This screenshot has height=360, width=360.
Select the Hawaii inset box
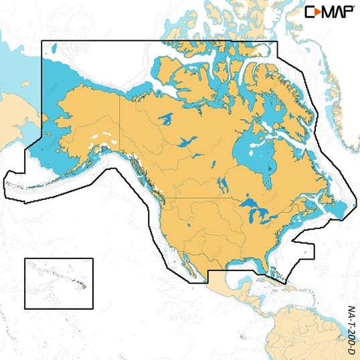tap(59, 284)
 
